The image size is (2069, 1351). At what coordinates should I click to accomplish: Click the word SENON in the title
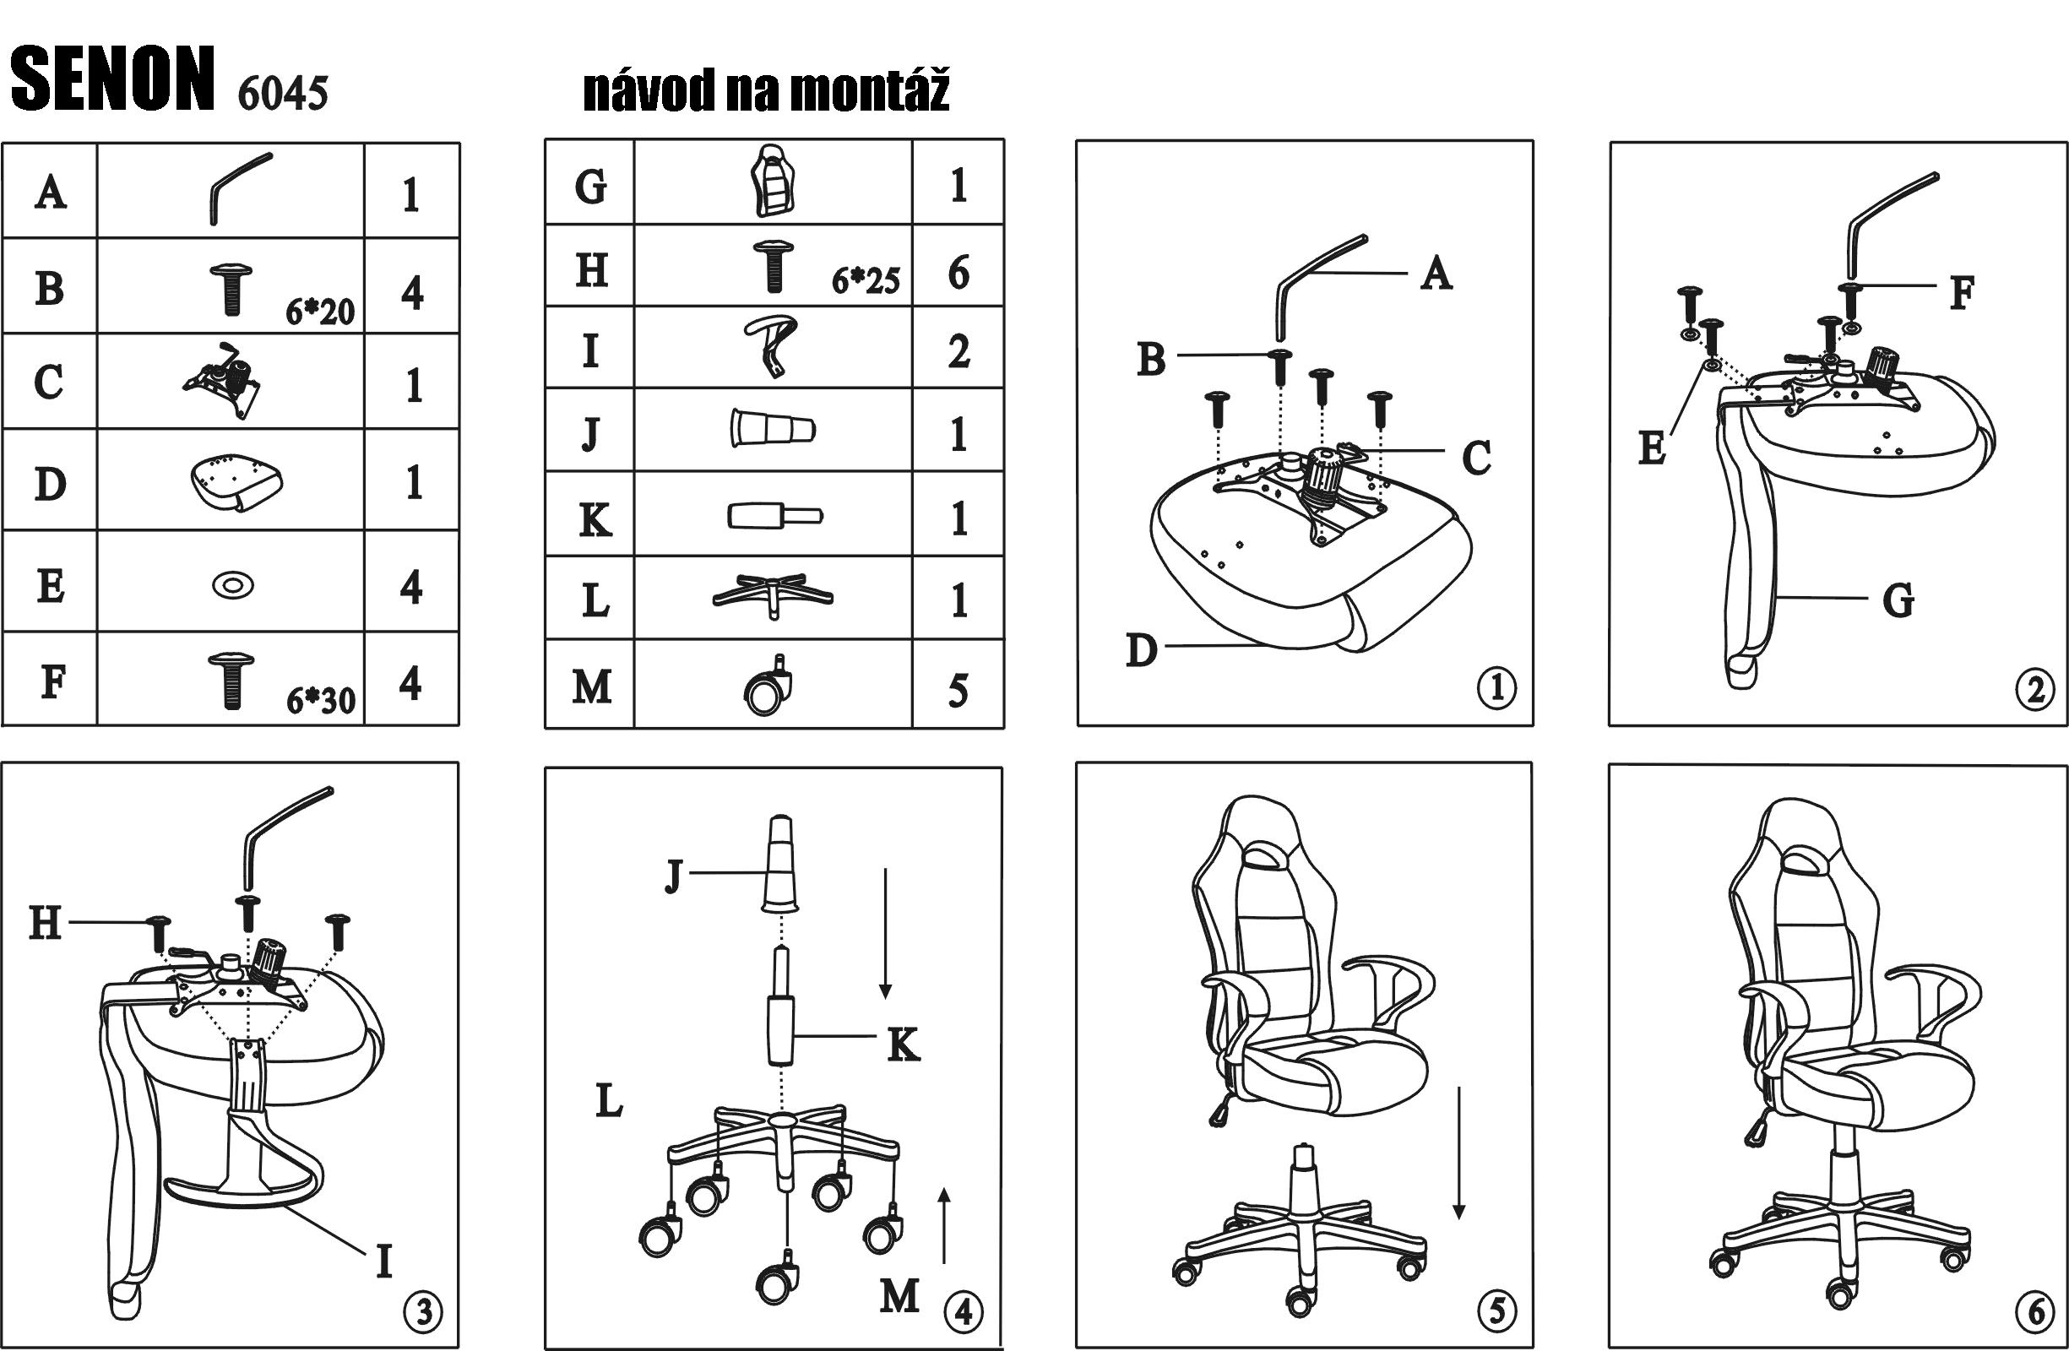pos(112,79)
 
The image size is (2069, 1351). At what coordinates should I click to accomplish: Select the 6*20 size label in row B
pos(320,312)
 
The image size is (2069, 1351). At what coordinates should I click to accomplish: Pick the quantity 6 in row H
pos(958,272)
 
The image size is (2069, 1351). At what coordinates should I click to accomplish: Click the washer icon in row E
pos(233,585)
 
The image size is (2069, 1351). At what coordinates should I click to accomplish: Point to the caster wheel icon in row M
pos(769,685)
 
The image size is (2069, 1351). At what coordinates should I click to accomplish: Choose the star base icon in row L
pos(772,595)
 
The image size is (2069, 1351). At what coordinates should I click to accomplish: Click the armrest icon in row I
pos(770,346)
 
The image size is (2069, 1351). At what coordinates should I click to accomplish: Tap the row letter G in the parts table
pos(590,186)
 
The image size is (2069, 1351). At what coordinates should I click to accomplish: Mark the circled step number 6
pos(2036,1312)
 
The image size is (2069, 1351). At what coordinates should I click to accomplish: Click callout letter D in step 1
pos(1142,649)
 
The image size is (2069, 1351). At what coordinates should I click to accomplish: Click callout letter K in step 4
pos(904,1045)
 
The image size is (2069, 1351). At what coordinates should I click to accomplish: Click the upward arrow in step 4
pos(945,1226)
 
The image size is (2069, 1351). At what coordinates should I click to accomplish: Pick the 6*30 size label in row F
pos(321,700)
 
